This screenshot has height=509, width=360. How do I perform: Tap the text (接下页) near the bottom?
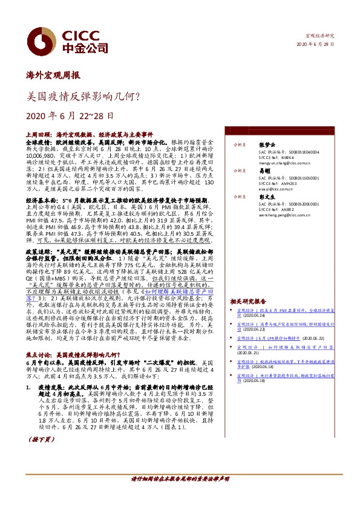41,457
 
